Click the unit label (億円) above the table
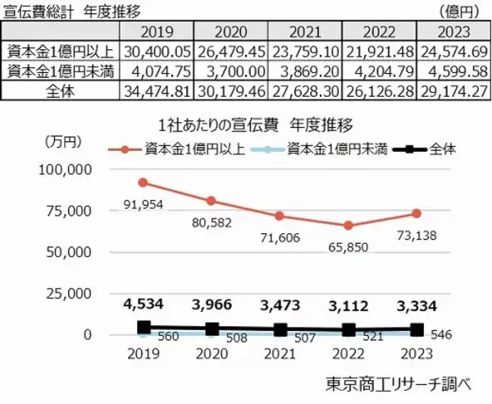tap(462, 11)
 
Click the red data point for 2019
tap(143, 182)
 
